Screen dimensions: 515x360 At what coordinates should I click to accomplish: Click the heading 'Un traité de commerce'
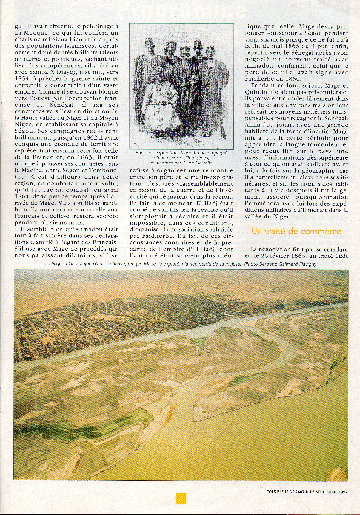pyautogui.click(x=296, y=231)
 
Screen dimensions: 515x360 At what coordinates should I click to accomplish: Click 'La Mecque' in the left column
pyautogui.click(x=28, y=33)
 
